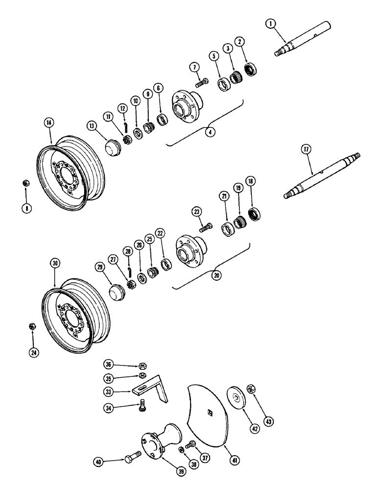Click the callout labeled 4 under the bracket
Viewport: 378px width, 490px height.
(x=211, y=132)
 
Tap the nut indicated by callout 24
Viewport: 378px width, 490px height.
(x=33, y=326)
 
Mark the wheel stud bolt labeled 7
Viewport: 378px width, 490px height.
(x=201, y=83)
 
